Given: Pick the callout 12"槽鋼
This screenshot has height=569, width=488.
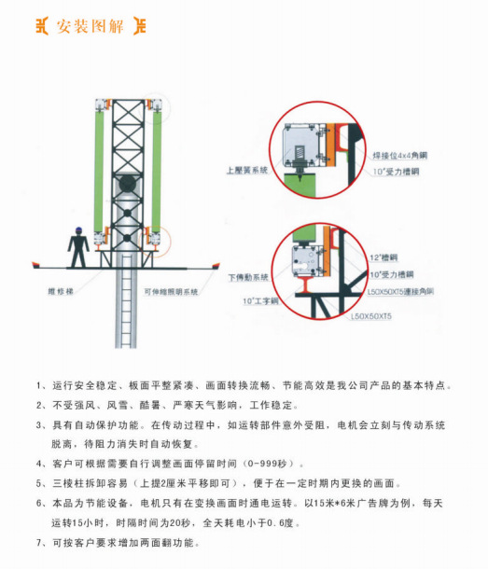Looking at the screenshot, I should pyautogui.click(x=381, y=257).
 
